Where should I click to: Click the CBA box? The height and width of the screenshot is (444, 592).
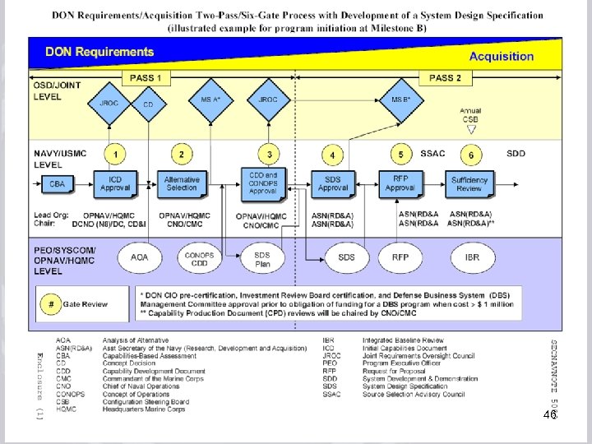click(x=57, y=183)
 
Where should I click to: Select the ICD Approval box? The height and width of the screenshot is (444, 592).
click(x=115, y=183)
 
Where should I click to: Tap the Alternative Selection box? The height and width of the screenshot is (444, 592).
click(x=182, y=183)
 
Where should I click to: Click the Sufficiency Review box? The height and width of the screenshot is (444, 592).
click(x=469, y=183)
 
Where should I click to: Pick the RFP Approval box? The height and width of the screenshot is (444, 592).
click(x=400, y=183)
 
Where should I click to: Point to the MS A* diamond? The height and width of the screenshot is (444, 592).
click(x=211, y=100)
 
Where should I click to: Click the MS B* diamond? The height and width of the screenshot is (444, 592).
click(x=400, y=100)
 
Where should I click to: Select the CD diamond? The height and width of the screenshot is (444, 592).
click(x=148, y=104)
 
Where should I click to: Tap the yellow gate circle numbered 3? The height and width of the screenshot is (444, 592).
click(x=269, y=154)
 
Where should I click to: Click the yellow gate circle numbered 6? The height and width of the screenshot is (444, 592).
click(x=470, y=155)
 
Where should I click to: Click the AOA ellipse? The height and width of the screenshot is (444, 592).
click(x=140, y=257)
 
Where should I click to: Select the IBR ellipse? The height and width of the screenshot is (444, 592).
click(x=471, y=257)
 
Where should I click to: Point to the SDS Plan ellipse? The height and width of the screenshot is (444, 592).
click(x=261, y=258)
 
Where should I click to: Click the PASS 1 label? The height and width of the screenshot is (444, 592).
click(x=146, y=78)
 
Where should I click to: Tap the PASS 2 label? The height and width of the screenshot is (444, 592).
click(x=445, y=78)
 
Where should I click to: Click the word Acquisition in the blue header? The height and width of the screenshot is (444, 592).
click(x=501, y=57)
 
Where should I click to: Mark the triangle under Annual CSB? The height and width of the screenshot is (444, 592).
click(x=470, y=129)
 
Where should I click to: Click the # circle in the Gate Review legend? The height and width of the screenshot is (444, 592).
click(x=52, y=303)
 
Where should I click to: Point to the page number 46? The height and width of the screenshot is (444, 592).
click(x=550, y=416)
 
